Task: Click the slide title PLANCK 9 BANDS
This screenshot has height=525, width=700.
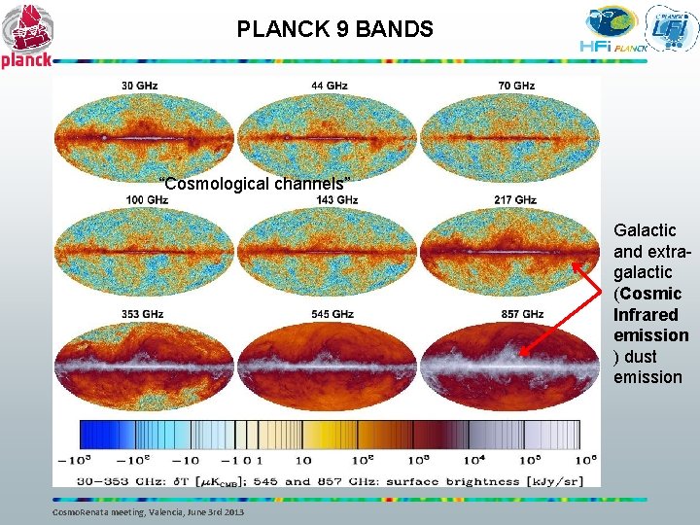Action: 334,29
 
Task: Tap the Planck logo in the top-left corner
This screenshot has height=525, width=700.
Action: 26,36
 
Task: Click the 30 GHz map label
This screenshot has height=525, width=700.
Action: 140,86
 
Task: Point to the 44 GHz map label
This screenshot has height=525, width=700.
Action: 330,86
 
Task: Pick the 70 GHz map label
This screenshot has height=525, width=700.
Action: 515,86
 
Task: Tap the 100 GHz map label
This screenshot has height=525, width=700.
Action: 147,200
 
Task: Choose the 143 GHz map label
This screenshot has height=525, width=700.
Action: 336,200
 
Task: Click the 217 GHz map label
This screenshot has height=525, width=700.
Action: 515,200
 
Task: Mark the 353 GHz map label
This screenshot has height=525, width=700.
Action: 142,314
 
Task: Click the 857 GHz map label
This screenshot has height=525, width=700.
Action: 522,314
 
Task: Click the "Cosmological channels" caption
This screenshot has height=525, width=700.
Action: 255,184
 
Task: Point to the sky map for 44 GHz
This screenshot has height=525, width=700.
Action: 329,137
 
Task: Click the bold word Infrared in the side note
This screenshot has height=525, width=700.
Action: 646,314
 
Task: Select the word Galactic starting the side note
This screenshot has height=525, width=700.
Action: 645,230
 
